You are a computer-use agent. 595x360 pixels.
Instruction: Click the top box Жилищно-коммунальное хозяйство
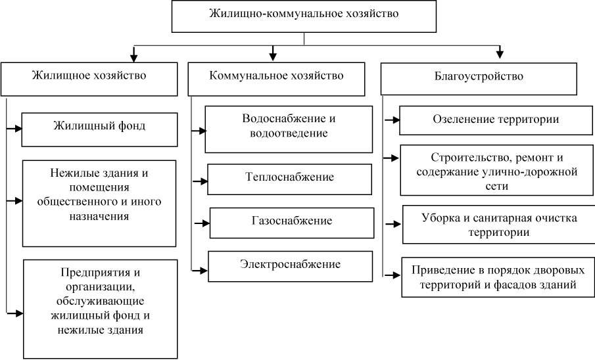pyautogui.click(x=303, y=16)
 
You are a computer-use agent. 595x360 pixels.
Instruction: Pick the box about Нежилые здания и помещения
pyautogui.click(x=99, y=202)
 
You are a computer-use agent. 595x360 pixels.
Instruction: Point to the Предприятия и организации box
pyautogui.click(x=101, y=308)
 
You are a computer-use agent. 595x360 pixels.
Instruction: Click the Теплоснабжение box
pyautogui.click(x=284, y=177)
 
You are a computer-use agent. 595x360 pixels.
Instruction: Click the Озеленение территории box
pyautogui.click(x=496, y=121)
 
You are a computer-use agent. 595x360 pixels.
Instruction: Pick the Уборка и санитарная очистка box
pyautogui.click(x=498, y=225)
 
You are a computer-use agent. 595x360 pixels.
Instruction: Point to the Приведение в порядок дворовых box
pyautogui.click(x=497, y=277)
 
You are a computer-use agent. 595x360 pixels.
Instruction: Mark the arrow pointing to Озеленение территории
pyautogui.click(x=392, y=120)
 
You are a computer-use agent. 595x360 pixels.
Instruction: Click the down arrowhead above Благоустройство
pyautogui.click(x=500, y=53)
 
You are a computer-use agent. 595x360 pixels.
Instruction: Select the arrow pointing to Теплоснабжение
pyautogui.click(x=199, y=179)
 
